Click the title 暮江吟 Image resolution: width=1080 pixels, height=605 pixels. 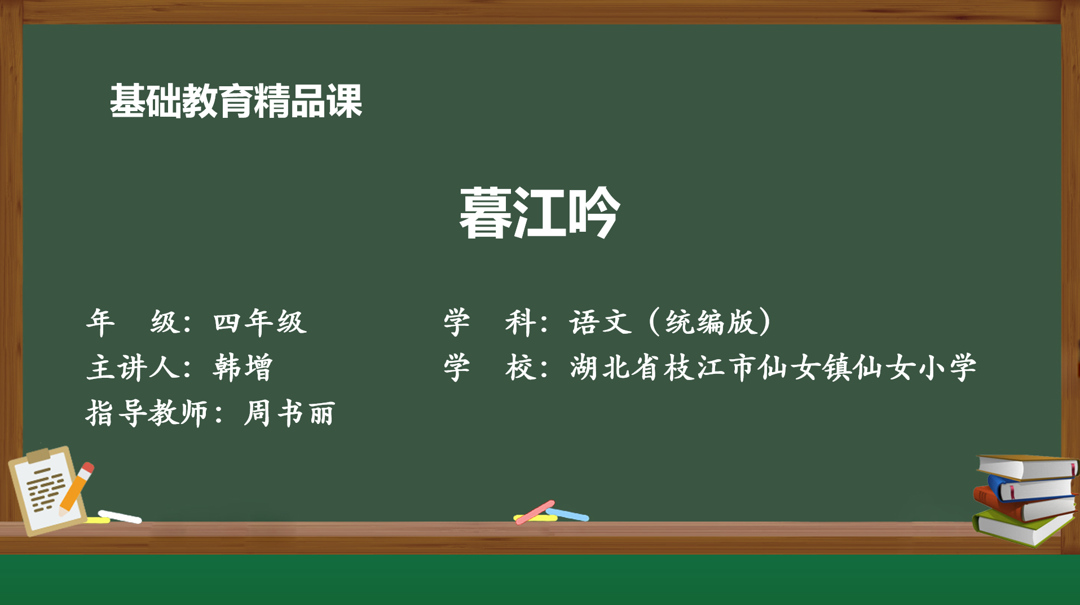pos(540,213)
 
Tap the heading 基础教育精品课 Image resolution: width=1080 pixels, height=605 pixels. pos(236,101)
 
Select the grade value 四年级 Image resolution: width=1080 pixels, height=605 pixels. pos(260,323)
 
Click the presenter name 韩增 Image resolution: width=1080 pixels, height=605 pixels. pos(243,368)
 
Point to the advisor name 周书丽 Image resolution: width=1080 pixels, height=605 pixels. pos(290,413)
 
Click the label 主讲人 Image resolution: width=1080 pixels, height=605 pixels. pos(134,368)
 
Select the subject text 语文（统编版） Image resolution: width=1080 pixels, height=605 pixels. pos(671,323)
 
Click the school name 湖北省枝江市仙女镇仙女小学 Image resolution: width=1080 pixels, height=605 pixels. pos(773,368)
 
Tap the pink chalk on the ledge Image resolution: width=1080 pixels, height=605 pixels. pos(535,512)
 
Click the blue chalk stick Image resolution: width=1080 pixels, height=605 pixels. pos(567,514)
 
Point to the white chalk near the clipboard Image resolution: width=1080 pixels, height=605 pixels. pos(120,516)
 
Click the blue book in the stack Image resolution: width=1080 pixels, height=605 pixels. pos(1030,487)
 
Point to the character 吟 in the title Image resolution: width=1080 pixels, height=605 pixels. pos(594,213)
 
